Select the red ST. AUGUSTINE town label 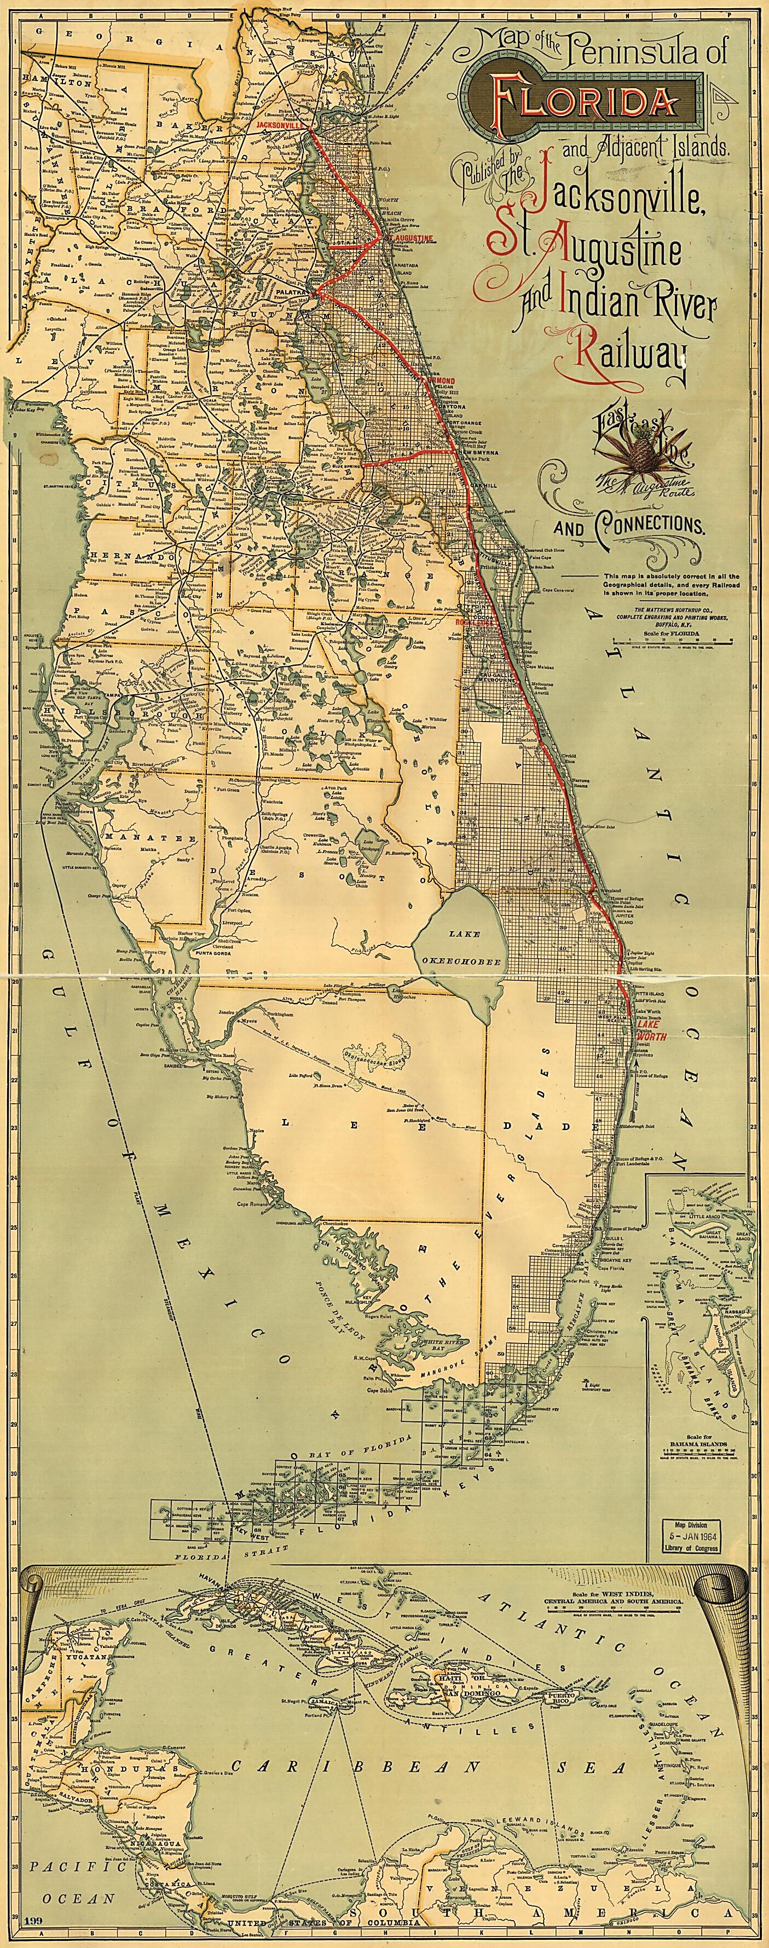pyautogui.click(x=409, y=238)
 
